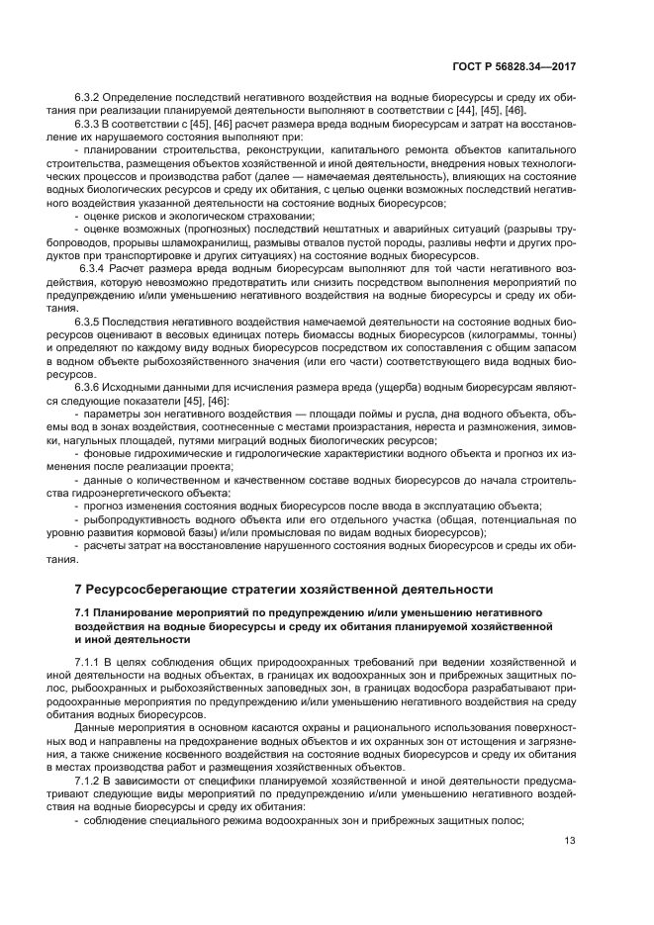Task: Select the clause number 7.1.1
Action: pyautogui.click(x=92, y=660)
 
